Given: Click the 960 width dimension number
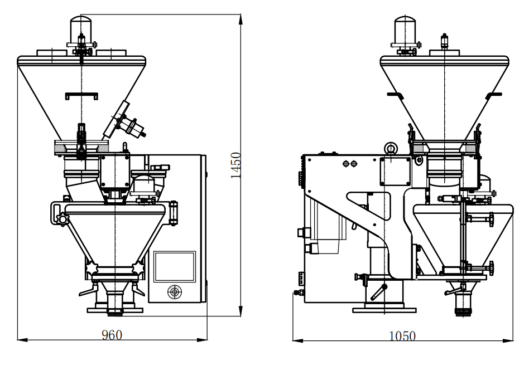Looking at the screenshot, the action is pos(112,335).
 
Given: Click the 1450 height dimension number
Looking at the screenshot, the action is pos(236,165).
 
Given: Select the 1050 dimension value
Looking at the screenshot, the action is pos(402,336).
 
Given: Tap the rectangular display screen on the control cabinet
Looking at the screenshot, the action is pos(175,266).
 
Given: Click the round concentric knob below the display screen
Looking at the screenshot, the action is pos(174,291).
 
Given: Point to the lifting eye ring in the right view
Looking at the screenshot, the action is pos(391,149).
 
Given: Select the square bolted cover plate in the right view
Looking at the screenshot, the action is pos(396,171).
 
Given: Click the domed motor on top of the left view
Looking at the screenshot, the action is pos(81,28).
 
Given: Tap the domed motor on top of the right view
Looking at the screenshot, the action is pos(405,30).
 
